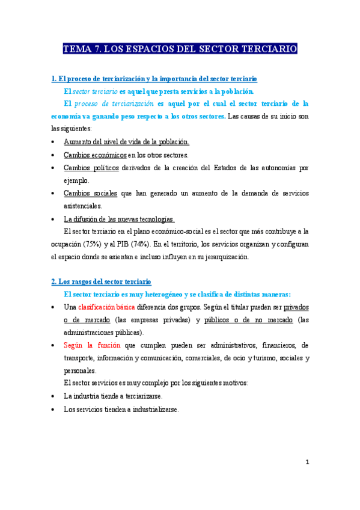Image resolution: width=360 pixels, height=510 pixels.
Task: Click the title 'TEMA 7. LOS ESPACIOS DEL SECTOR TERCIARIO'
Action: coord(180,49)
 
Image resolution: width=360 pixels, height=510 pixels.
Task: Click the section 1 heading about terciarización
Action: coord(154,79)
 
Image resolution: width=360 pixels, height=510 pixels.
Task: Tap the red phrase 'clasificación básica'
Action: coord(110,307)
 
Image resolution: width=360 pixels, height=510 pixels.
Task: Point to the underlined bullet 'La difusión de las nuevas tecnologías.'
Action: coord(119,219)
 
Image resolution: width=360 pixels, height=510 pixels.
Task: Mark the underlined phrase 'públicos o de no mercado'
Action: coord(249,319)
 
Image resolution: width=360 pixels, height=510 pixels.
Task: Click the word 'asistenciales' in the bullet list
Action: coord(87,206)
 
